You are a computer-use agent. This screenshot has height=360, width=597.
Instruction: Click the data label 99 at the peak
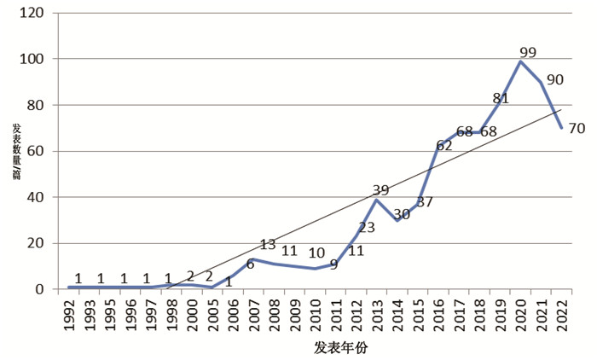[x=528, y=53]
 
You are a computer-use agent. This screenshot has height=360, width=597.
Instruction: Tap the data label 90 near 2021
[x=554, y=80]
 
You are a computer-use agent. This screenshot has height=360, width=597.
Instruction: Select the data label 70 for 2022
[x=577, y=129]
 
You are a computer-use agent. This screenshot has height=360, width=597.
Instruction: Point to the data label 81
[x=501, y=99]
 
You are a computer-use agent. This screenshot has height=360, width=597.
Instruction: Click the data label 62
[x=444, y=146]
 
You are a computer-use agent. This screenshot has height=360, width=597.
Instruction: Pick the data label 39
[x=380, y=190]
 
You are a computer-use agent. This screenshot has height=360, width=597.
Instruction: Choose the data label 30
[x=402, y=214]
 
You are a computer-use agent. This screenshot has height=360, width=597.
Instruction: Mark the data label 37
[x=425, y=202]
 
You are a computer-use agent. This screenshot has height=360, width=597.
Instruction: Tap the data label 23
[x=367, y=228]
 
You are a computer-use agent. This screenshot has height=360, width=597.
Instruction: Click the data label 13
[x=268, y=245]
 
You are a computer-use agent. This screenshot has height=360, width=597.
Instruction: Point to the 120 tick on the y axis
[x=32, y=13]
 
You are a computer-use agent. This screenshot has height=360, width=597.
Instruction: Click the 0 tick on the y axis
[x=40, y=289]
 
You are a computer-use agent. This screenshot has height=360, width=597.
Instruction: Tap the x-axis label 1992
[x=69, y=315]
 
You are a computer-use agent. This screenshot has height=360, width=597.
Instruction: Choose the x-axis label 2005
[x=213, y=315]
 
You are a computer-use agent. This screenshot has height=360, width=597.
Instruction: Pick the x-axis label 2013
[x=378, y=315]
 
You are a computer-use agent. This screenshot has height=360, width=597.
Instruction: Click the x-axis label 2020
[x=521, y=315]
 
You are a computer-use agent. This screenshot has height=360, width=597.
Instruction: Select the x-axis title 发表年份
[x=341, y=347]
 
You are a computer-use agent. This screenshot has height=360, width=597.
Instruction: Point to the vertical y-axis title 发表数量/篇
[x=17, y=152]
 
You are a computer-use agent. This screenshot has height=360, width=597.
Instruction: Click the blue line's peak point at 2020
[x=520, y=61]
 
